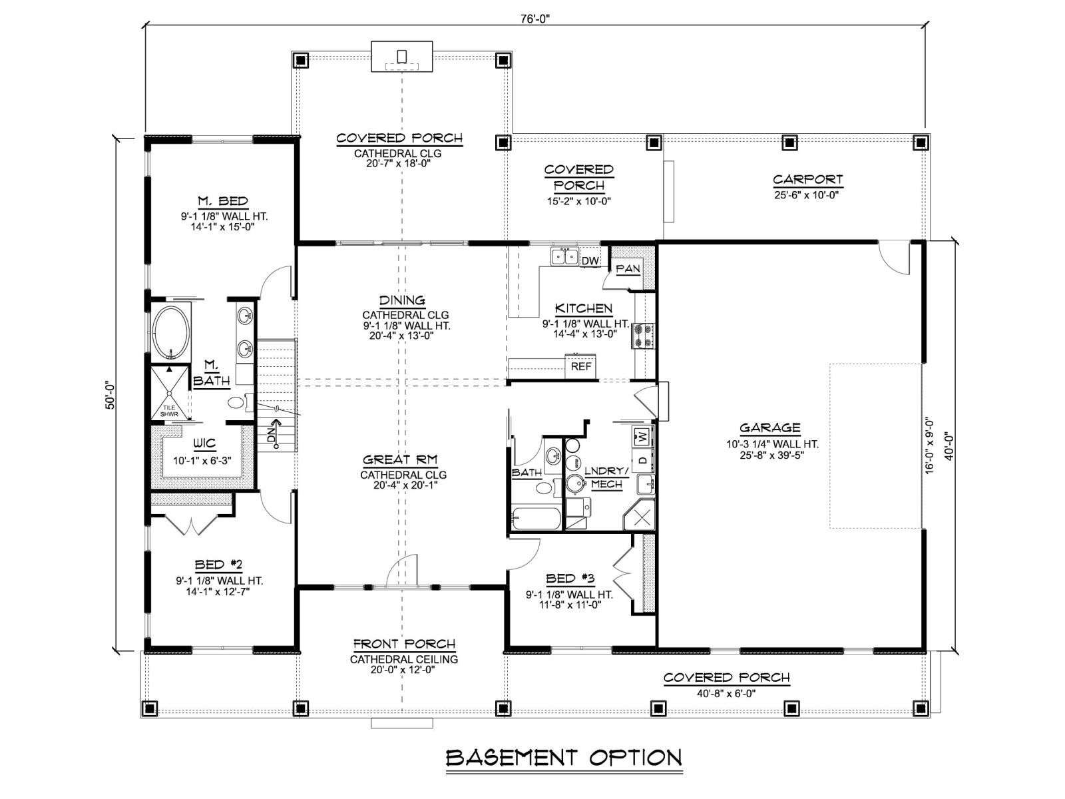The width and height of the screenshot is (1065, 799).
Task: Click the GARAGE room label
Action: [x=769, y=427]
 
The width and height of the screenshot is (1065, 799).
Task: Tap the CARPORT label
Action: [x=808, y=180]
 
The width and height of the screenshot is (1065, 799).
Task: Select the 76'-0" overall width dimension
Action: [x=535, y=19]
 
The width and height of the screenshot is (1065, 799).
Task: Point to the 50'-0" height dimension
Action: [x=110, y=396]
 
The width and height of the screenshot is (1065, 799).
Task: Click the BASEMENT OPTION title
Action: [x=564, y=758]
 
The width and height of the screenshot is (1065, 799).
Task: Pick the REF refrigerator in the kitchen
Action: [x=581, y=366]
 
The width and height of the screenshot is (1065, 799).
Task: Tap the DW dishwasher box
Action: [x=590, y=260]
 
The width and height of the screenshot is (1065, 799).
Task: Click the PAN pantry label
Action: [x=628, y=268]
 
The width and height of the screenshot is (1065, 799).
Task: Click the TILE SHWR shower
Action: [x=169, y=393]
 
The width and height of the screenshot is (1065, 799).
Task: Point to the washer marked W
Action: [x=643, y=437]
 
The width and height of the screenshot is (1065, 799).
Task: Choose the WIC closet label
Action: [x=204, y=443]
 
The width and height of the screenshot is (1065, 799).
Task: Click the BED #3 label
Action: [x=570, y=578]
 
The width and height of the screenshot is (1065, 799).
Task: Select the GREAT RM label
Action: [x=400, y=459]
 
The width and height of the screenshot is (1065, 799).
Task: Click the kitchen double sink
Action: [x=564, y=256]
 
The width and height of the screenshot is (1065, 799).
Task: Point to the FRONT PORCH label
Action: [x=404, y=644]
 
